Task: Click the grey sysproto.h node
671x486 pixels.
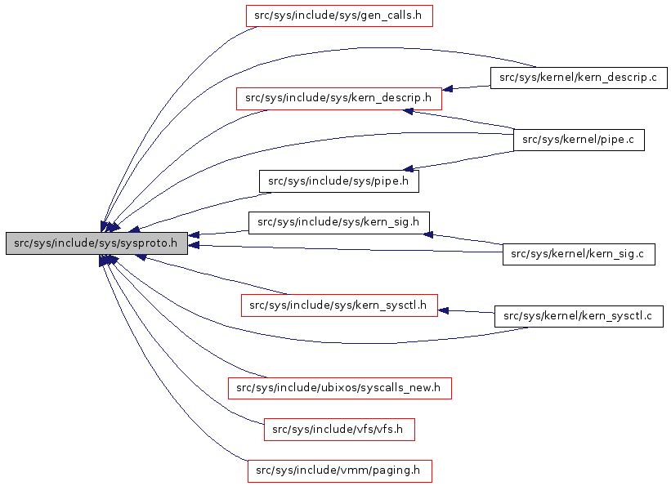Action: [96, 243]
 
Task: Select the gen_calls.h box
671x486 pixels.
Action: [339, 16]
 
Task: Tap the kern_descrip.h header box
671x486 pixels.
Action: [338, 99]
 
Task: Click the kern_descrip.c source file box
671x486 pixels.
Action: [578, 78]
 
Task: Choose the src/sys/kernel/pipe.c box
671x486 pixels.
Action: [578, 140]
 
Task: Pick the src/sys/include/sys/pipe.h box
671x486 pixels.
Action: [338, 181]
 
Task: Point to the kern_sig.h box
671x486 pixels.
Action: [338, 222]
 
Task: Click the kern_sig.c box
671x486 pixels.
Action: [578, 255]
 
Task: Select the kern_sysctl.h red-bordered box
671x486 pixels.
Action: [338, 305]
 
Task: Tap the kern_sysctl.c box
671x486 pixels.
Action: [578, 316]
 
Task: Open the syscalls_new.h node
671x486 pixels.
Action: [338, 388]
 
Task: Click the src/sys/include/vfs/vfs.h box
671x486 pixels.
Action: [338, 429]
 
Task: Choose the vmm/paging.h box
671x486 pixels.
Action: [338, 470]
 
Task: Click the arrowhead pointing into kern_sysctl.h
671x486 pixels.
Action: [444, 310]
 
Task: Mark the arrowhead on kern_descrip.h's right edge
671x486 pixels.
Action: [448, 88]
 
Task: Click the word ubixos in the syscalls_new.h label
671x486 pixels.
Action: [341, 388]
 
